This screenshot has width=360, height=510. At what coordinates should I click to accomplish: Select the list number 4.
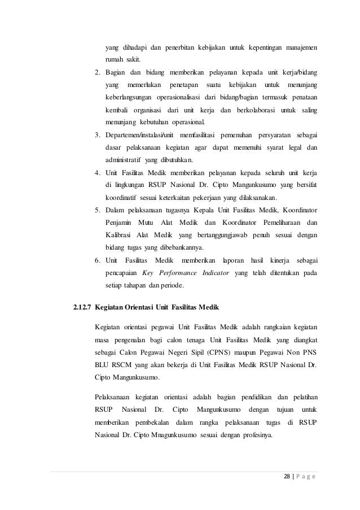[x=97, y=172]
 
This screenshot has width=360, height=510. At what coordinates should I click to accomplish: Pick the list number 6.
[x=97, y=260]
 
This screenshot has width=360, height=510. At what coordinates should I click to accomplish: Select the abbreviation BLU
[x=102, y=364]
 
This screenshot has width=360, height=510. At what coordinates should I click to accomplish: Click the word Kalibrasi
[x=118, y=234]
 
